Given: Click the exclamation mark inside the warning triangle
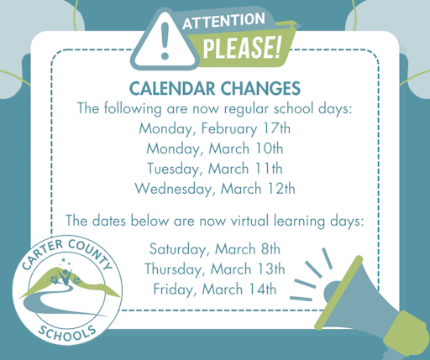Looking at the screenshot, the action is [165, 40].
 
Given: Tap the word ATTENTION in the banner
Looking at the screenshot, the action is [223, 21].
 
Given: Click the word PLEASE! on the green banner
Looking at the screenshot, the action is [241, 48].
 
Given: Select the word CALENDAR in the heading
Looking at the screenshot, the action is [172, 89].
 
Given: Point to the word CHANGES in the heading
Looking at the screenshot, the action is [260, 89].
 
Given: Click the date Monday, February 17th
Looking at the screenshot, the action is [215, 129].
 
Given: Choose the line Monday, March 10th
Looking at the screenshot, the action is [215, 149].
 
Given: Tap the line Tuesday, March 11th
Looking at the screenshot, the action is [215, 169].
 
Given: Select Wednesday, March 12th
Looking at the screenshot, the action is [215, 189].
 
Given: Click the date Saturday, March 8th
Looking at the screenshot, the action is [215, 249].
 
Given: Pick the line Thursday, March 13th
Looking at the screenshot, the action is [215, 269].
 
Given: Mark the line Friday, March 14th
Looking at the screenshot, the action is [215, 290].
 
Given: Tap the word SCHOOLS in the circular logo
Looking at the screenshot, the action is [67, 334].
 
